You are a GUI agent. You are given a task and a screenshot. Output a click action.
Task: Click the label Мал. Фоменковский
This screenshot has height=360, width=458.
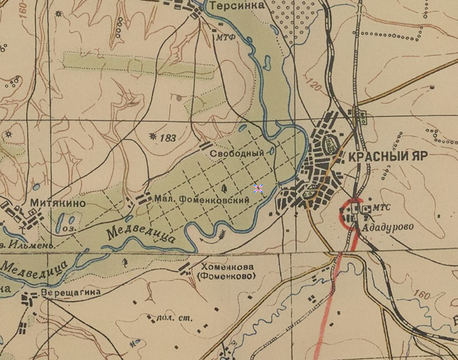201,200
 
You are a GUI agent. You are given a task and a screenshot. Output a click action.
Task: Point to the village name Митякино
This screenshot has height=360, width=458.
58,204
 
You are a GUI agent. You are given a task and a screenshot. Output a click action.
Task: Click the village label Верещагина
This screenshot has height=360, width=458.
71,292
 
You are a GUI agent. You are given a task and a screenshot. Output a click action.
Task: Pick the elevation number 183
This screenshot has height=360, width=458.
168,138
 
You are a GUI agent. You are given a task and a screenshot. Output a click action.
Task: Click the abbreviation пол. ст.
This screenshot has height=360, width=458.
174,317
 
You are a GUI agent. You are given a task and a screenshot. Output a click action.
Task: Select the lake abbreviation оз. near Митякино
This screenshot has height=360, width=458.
69,228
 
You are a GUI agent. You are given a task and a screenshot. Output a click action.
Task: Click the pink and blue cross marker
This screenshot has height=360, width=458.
258,189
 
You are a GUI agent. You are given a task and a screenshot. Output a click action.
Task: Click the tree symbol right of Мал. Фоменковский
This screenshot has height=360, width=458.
224,189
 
